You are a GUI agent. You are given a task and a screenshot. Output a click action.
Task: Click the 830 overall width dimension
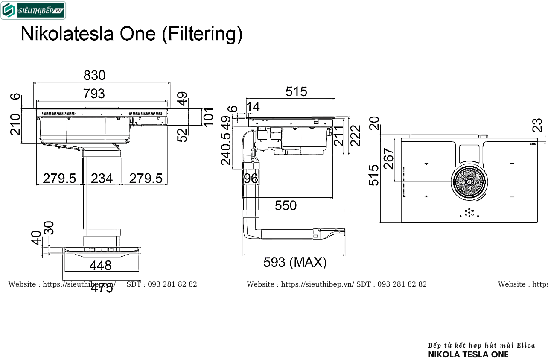[x=94, y=76]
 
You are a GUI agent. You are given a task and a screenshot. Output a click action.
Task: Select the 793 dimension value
[x=94, y=93]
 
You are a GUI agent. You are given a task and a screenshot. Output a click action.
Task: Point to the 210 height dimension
[x=16, y=124]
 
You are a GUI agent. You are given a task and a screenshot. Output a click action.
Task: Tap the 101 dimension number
[x=208, y=117]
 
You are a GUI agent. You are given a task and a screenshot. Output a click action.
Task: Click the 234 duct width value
[x=102, y=178]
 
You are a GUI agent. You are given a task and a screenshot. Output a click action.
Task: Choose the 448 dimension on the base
[x=101, y=266]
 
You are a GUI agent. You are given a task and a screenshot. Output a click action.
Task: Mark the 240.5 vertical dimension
[x=226, y=148]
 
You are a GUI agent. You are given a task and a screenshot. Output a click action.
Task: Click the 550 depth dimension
[x=286, y=206]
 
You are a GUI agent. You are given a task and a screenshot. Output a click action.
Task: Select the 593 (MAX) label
[x=295, y=262]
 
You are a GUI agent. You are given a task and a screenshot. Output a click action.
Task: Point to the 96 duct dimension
[x=251, y=178]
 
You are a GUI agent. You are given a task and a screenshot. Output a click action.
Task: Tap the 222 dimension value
[x=355, y=135]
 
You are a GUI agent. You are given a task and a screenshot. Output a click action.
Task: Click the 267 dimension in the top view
[x=388, y=158]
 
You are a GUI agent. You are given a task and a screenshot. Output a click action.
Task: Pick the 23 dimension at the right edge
[x=539, y=125]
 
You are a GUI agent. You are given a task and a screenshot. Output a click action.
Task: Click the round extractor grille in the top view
[x=469, y=182]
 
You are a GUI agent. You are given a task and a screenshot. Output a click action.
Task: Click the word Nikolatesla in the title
[x=68, y=34]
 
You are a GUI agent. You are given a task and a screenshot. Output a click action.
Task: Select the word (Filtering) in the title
[x=202, y=34]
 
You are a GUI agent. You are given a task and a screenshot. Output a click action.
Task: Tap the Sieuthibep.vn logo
[x=33, y=11]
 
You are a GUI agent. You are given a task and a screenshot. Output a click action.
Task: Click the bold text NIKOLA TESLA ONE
[x=468, y=354]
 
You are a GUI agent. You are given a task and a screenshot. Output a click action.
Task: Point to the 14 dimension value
[x=254, y=107]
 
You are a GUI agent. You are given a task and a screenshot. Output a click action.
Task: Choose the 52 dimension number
[x=183, y=135]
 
